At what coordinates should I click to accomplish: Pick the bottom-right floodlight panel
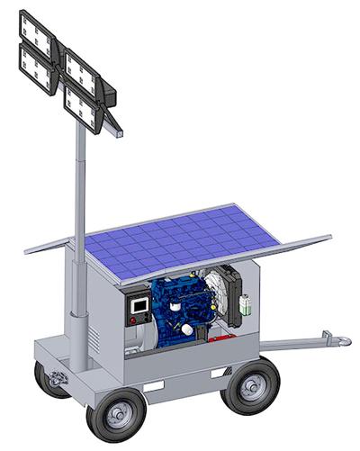pos(82,107)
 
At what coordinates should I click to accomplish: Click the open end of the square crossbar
pos(118,132)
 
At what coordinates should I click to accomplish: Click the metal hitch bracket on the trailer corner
pos(59,378)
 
